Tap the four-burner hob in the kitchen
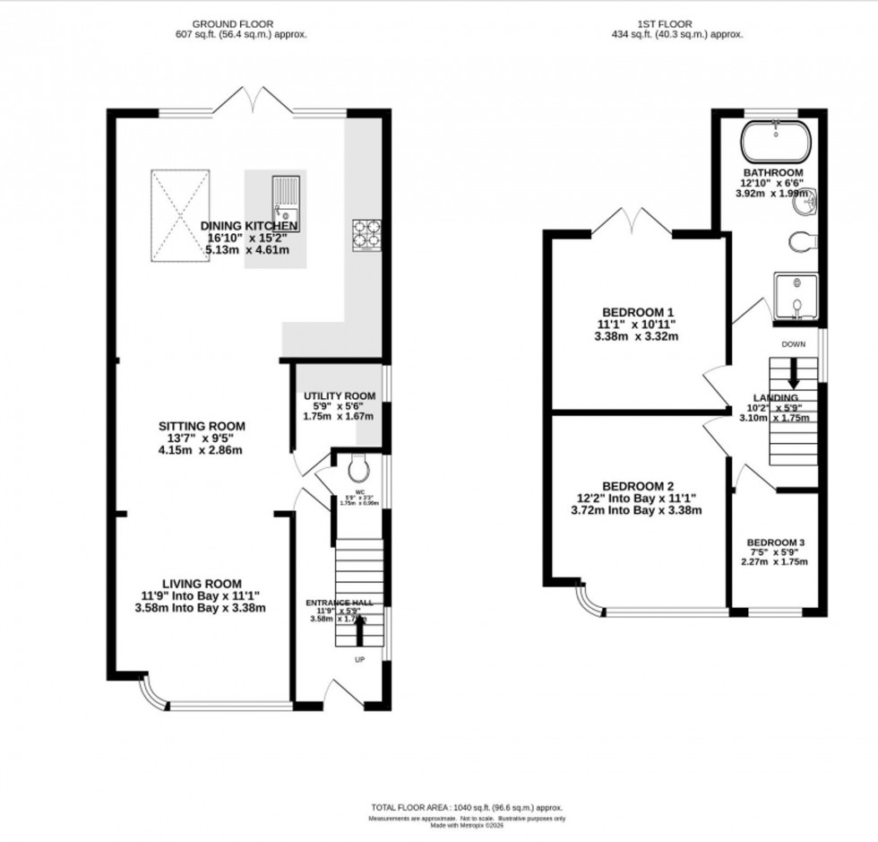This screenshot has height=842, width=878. pyautogui.click(x=366, y=233)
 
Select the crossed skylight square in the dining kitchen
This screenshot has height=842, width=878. pyautogui.click(x=179, y=216)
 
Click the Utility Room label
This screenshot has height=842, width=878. pyautogui.click(x=339, y=395)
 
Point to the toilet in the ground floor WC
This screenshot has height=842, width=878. pyautogui.click(x=357, y=469)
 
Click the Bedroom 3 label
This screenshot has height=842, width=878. pyautogui.click(x=776, y=543)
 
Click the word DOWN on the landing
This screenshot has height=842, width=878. pyautogui.click(x=793, y=344)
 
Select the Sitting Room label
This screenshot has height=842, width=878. pyautogui.click(x=196, y=426)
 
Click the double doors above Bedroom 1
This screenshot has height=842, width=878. pyautogui.click(x=631, y=221)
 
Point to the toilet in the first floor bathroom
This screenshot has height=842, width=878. pyautogui.click(x=800, y=241)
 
